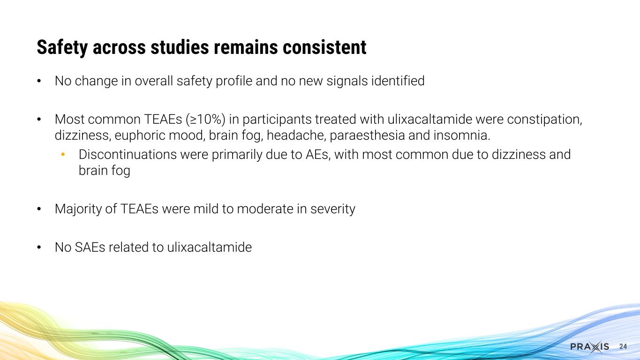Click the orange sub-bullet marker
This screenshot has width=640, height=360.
click(63, 154)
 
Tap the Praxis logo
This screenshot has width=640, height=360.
click(589, 346)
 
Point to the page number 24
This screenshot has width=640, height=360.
click(623, 346)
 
